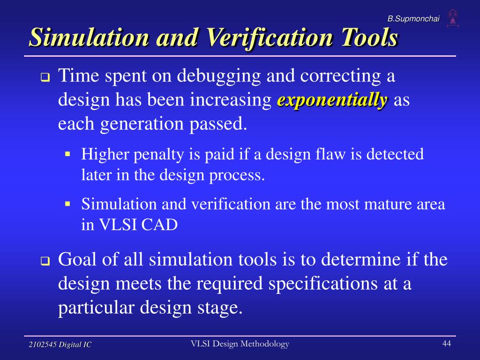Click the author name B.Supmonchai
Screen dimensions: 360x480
pos(413,18)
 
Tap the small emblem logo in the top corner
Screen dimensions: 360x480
pos(452,17)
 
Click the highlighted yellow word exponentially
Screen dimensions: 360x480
pos(332,100)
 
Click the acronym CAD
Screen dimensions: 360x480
pos(161,225)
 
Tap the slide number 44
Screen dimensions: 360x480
pos(446,344)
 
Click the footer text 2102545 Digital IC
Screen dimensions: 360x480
pos(60,345)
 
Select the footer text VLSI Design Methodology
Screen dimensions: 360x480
pos(240,344)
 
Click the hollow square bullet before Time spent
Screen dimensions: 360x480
pos(45,78)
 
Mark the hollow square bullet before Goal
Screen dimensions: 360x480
pos(45,262)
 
